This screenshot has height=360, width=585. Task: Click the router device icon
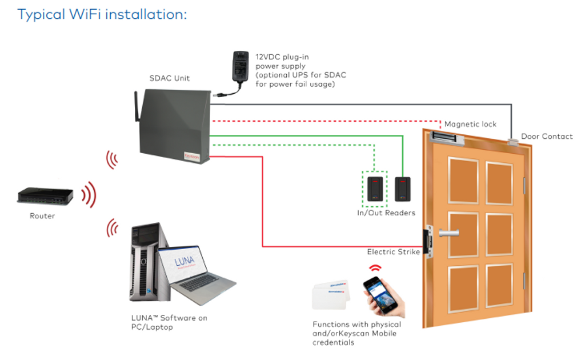[45, 196]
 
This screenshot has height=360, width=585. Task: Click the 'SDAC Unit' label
[170, 78]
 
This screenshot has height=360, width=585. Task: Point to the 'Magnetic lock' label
[470, 125]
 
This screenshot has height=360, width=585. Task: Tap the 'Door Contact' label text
[547, 137]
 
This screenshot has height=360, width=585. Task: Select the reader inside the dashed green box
[375, 188]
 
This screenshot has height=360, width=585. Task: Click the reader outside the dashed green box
[402, 189]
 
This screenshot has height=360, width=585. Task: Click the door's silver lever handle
[449, 233]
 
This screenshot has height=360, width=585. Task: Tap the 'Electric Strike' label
[393, 252]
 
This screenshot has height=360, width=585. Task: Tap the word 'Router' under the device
[42, 216]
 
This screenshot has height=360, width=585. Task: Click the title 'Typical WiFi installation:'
[102, 14]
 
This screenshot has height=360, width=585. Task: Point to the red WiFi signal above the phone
[375, 267]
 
